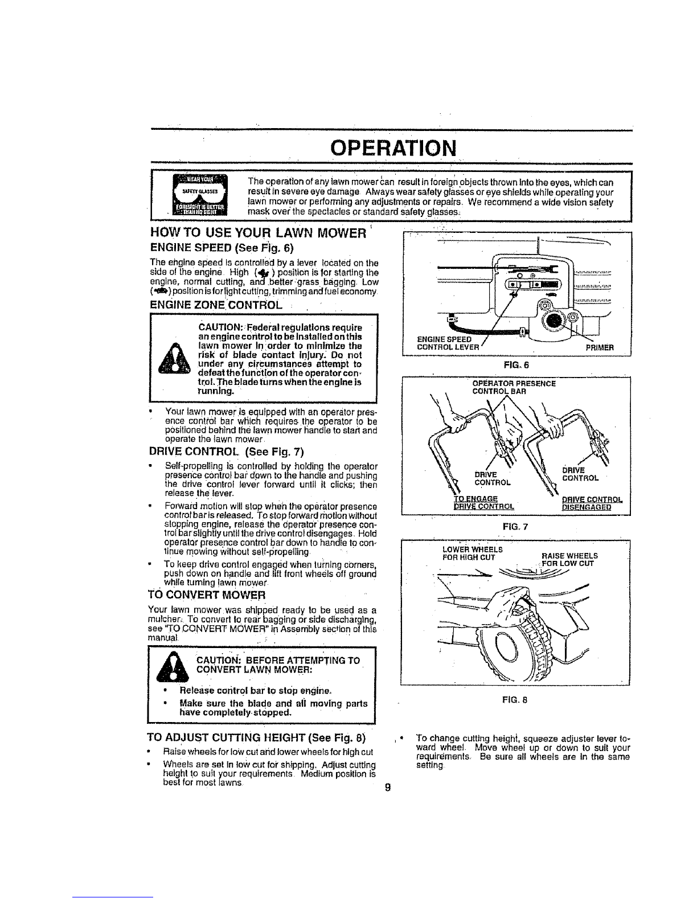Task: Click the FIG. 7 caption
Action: coord(518,527)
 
